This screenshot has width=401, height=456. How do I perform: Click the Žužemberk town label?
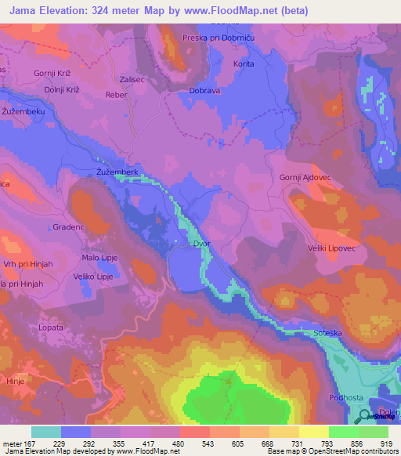pos(117,170)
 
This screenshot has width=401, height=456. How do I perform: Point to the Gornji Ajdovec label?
pos(305,177)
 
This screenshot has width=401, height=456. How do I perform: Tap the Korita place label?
pos(244,63)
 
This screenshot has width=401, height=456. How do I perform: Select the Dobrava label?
pos(204,91)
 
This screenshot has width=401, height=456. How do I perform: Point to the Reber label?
pos(116,94)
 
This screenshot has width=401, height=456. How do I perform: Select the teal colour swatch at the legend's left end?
pos(46,432)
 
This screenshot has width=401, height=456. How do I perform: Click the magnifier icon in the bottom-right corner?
pos(366,417)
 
